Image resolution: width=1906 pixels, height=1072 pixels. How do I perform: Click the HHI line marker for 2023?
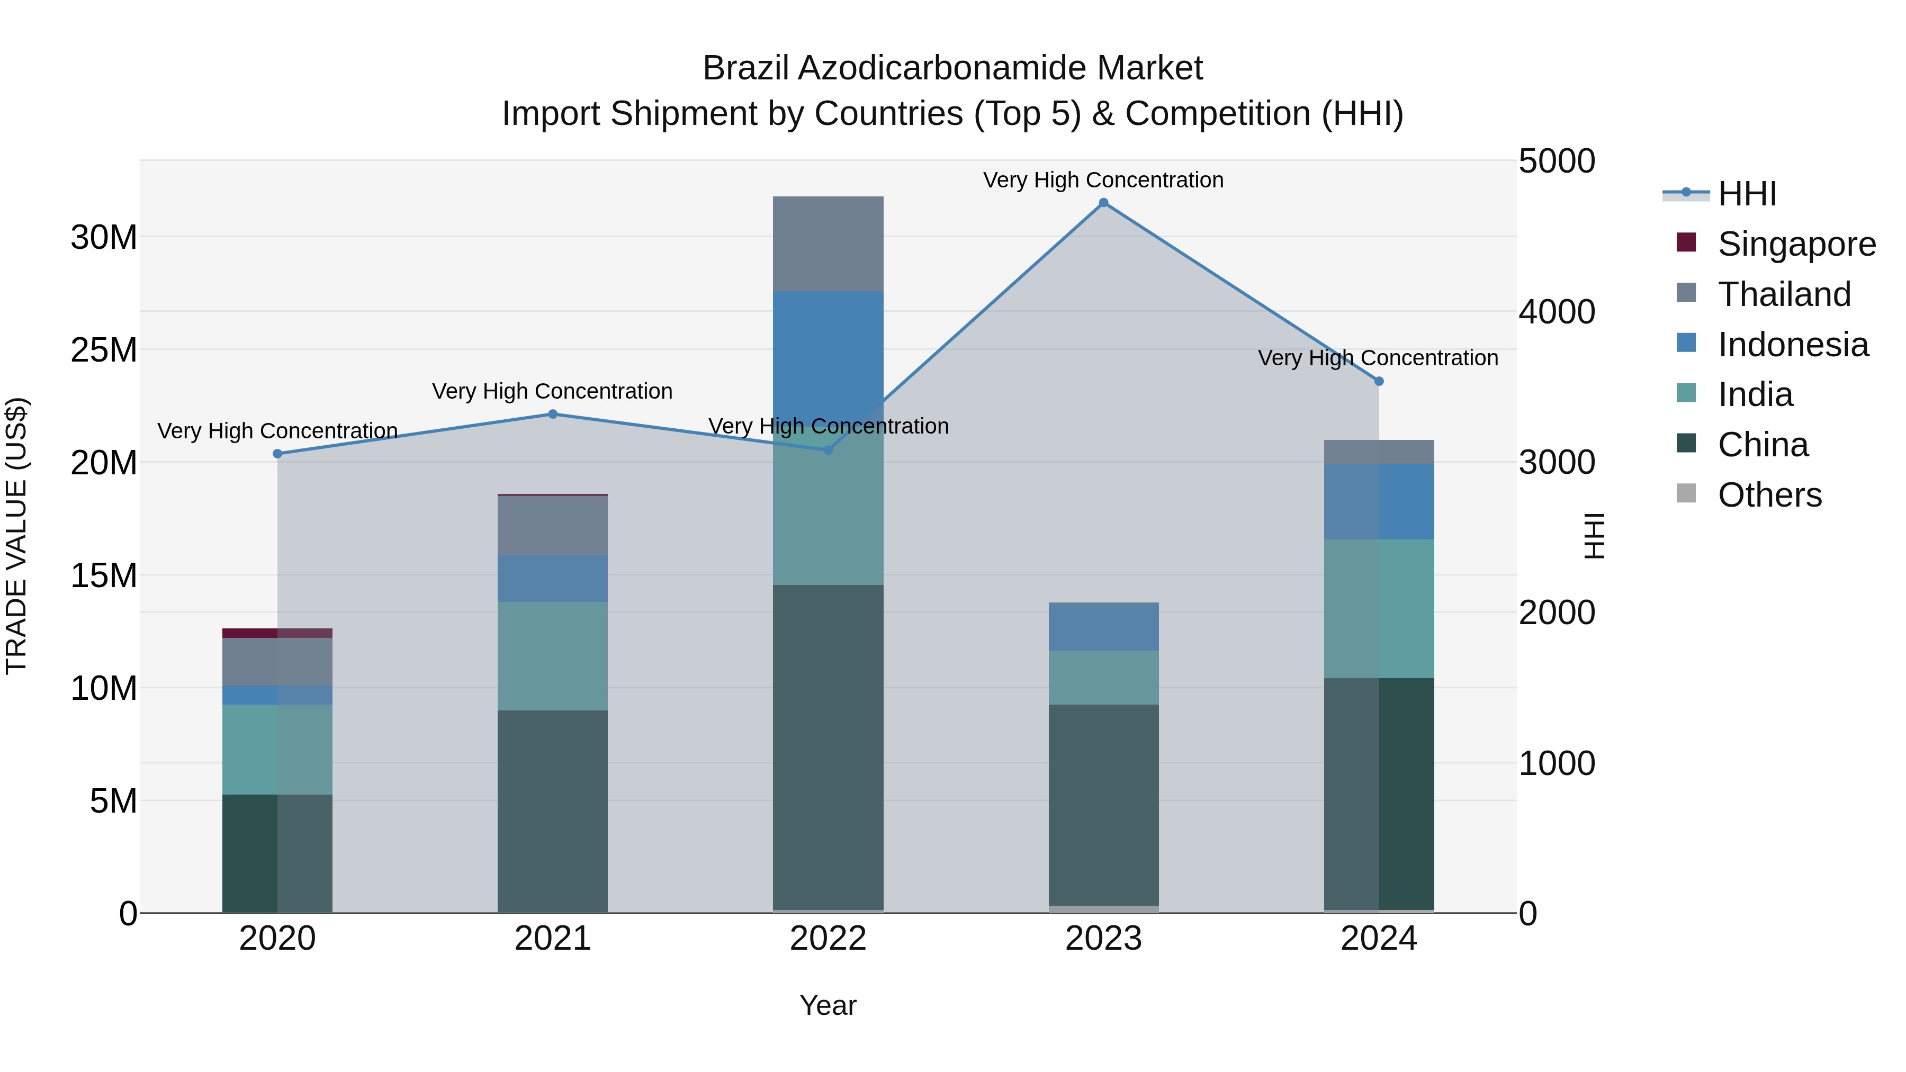pyautogui.click(x=1103, y=203)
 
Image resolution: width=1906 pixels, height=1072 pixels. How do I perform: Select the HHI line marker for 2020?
pyautogui.click(x=277, y=454)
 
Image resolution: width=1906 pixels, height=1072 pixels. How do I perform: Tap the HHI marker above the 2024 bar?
pyautogui.click(x=1379, y=381)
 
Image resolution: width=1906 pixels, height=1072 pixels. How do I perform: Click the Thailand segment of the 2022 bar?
pyautogui.click(x=828, y=244)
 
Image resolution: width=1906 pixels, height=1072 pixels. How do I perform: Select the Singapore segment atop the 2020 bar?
pyautogui.click(x=277, y=633)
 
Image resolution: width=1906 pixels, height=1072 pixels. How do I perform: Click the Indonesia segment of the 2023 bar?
pyautogui.click(x=1103, y=627)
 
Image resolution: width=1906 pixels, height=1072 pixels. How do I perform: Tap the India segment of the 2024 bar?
pyautogui.click(x=1379, y=608)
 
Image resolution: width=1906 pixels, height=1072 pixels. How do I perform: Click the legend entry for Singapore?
pyautogui.click(x=1776, y=244)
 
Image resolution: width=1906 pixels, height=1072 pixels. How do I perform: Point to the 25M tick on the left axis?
pyautogui.click(x=104, y=350)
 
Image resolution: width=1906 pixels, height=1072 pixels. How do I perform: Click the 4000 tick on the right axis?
pyautogui.click(x=1557, y=311)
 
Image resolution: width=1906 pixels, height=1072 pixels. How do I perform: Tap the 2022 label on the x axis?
pyautogui.click(x=828, y=938)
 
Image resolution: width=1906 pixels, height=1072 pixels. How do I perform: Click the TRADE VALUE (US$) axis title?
pyautogui.click(x=16, y=536)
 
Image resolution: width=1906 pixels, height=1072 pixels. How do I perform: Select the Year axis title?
pyautogui.click(x=828, y=1005)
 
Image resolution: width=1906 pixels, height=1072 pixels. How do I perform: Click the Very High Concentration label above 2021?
pyautogui.click(x=552, y=391)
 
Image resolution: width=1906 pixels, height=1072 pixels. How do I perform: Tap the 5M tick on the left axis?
pyautogui.click(x=113, y=800)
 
